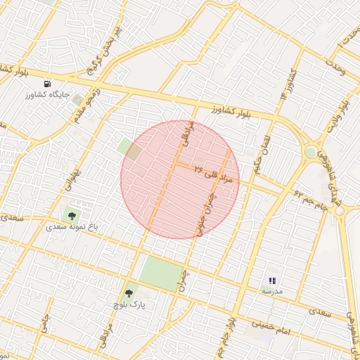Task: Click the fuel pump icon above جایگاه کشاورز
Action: coord(48,83)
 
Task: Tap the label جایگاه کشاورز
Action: coord(48,94)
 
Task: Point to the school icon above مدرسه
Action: coord(272,281)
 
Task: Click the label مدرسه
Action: coord(272,290)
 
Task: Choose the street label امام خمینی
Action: coord(271,326)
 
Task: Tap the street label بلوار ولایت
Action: coord(337,117)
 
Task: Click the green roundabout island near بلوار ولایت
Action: coord(310,152)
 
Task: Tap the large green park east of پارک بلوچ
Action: coord(161,274)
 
